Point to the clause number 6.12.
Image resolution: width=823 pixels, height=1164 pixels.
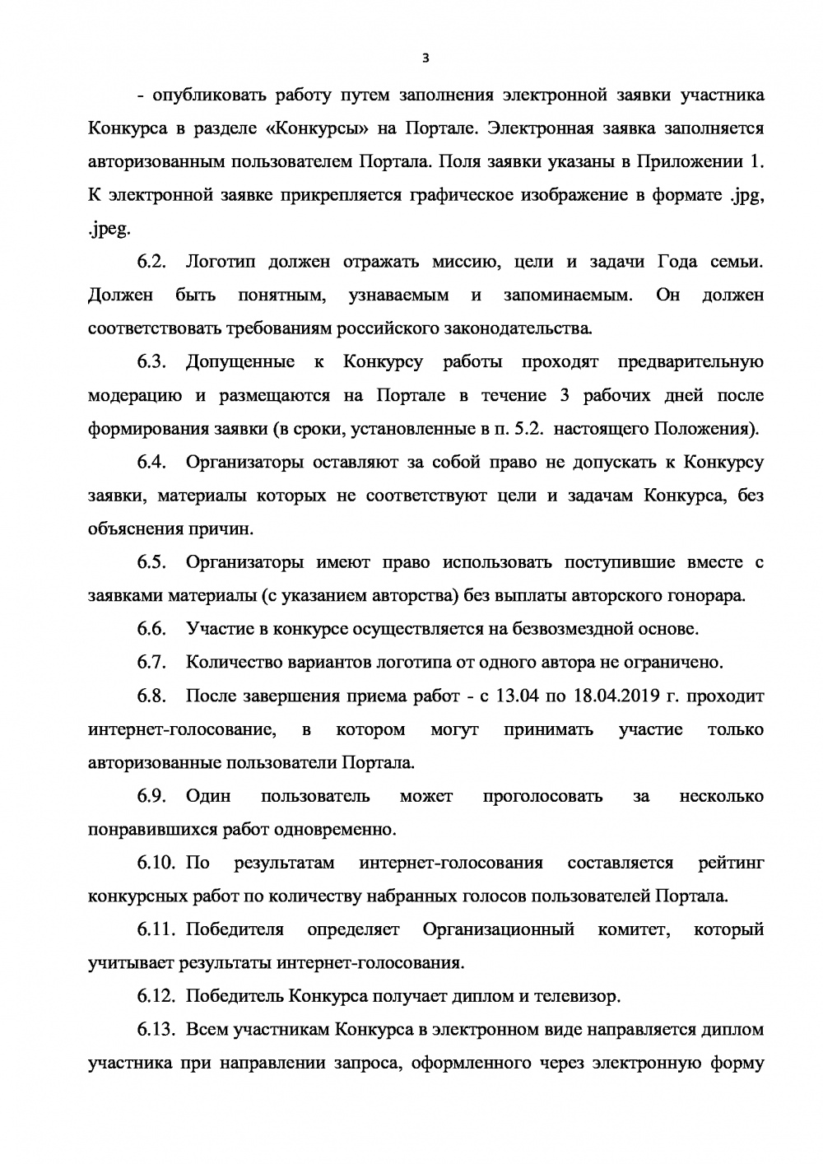(156, 997)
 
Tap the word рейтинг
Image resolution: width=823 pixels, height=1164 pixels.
(730, 864)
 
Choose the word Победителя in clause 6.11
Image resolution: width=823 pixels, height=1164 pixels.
(235, 930)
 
